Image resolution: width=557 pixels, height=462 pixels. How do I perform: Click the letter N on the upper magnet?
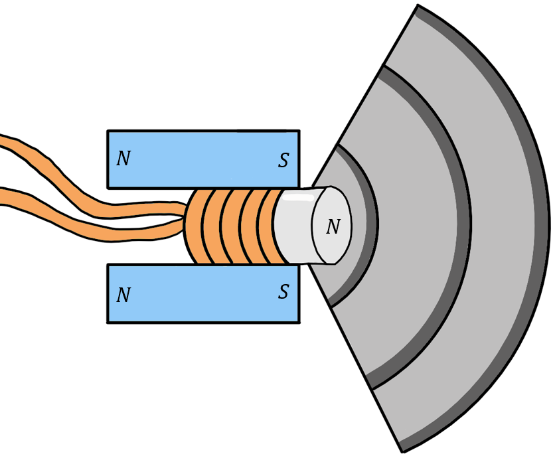pyautogui.click(x=123, y=159)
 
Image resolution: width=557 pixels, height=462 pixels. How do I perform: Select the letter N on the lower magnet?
pyautogui.click(x=123, y=295)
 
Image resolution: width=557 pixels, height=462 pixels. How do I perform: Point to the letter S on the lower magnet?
pyautogui.click(x=283, y=292)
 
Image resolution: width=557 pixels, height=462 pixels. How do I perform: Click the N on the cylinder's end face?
pyautogui.click(x=333, y=227)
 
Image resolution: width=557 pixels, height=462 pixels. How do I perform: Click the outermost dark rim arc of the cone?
pyautogui.click(x=541, y=226)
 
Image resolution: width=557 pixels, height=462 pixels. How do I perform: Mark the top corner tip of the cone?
pyautogui.click(x=417, y=8)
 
